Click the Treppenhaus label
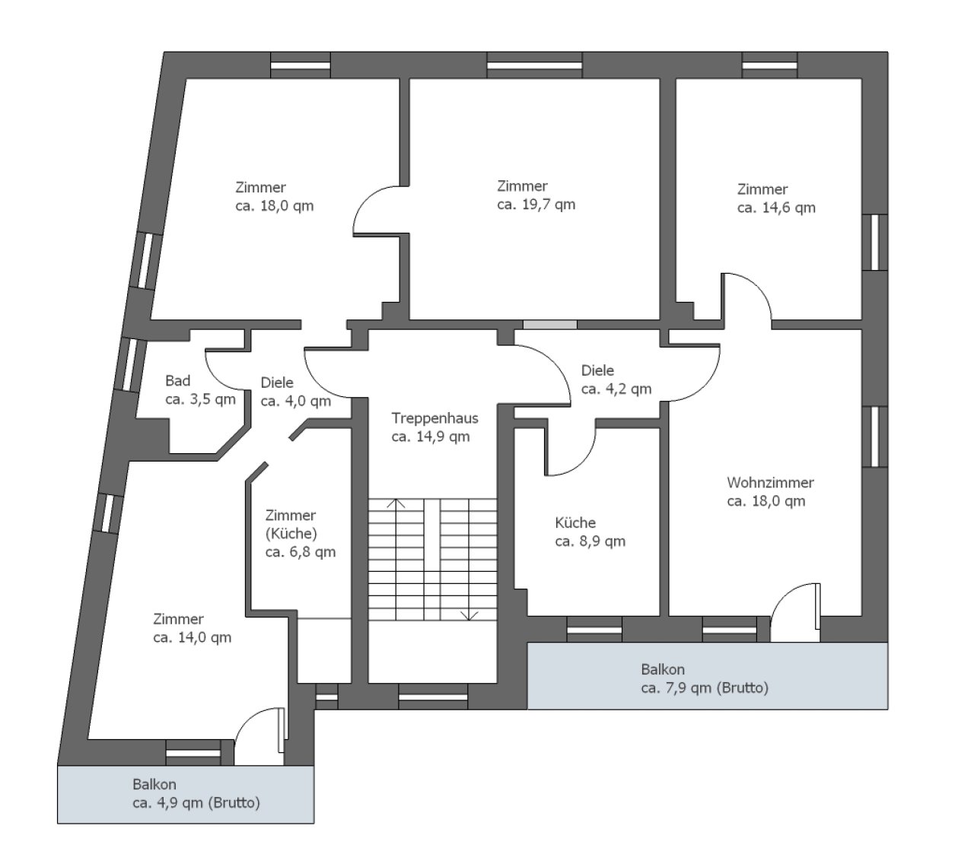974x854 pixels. [434, 418]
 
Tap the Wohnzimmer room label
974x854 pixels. [770, 483]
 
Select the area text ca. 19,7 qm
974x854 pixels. [536, 205]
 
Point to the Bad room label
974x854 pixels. [177, 381]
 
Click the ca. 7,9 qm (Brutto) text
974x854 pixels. [704, 689]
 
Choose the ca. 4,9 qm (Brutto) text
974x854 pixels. [196, 802]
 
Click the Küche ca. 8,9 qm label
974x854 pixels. [590, 532]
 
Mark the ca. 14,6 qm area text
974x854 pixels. [775, 208]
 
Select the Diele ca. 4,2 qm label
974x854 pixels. [616, 379]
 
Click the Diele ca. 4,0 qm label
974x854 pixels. [295, 392]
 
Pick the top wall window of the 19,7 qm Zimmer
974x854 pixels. [530, 65]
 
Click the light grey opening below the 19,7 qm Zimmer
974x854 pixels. [549, 325]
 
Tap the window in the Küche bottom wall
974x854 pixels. [594, 629]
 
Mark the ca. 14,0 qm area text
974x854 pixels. [192, 638]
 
